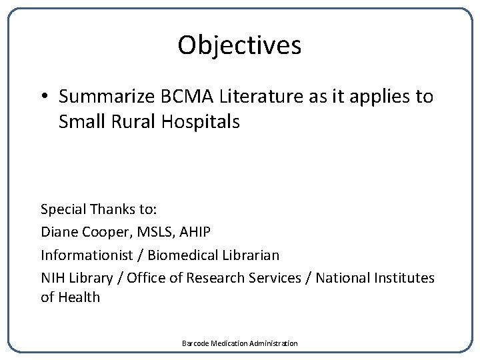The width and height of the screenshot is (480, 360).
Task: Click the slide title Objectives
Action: (239, 45)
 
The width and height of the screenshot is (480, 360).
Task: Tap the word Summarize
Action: (106, 97)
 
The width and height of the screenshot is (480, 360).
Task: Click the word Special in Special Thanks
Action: (63, 209)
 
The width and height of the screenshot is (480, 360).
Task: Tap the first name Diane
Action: (58, 232)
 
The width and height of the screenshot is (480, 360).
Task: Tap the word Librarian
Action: (253, 255)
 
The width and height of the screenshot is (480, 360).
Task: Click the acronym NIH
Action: (52, 277)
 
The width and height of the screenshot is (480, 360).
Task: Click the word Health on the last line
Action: (79, 297)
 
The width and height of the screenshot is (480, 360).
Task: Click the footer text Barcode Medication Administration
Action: (239, 343)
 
